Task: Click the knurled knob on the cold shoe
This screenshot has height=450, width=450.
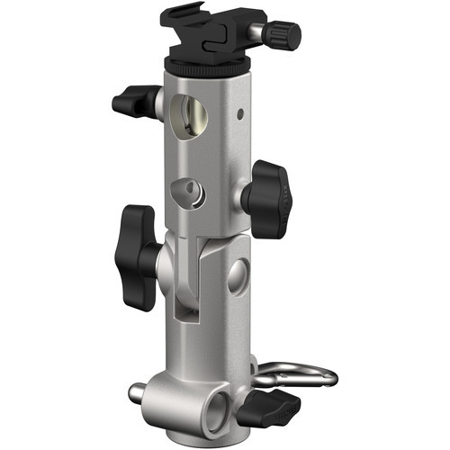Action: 285,35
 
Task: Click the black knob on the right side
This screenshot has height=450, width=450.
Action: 267,198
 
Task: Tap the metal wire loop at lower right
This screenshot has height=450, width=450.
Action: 310,374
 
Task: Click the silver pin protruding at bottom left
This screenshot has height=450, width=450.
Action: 138,394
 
